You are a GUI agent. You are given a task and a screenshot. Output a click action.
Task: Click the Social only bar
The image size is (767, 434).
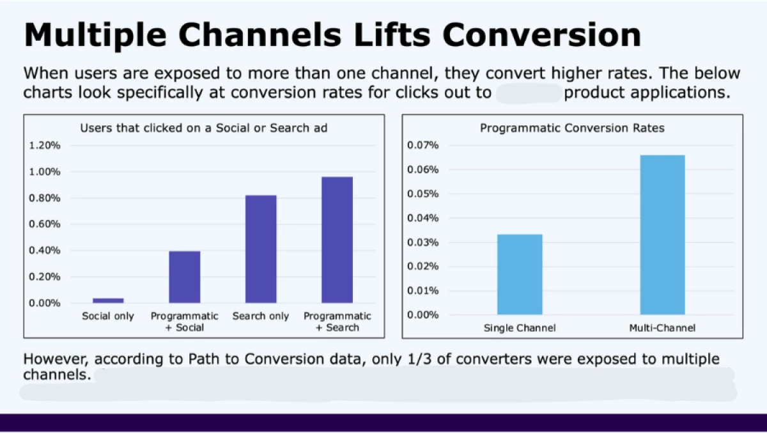108,300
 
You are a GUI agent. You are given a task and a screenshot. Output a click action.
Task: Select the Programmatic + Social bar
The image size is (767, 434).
184,277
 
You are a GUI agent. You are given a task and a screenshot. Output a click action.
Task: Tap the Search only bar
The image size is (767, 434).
261,249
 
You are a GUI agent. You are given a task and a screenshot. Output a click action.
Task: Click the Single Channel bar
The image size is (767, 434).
520,274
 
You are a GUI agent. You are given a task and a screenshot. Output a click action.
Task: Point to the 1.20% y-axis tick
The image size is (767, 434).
45,146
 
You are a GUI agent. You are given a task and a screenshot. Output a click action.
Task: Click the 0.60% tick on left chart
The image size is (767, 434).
45,224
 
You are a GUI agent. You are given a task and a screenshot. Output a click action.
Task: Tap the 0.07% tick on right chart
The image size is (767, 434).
423,146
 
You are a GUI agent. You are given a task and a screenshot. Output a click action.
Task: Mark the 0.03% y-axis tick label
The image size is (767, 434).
423,243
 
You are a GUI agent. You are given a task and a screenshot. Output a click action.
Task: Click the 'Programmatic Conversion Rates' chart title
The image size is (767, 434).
572,128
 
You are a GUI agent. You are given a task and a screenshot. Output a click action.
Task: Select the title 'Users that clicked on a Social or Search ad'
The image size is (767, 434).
203,128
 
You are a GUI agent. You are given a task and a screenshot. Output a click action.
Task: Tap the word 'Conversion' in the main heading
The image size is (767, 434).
541,35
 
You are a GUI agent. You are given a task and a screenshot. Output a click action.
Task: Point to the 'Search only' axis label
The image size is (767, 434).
261,316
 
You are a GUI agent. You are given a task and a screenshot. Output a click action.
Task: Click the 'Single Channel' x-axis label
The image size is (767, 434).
520,329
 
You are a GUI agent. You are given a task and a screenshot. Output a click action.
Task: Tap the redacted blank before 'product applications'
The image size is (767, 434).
529,93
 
